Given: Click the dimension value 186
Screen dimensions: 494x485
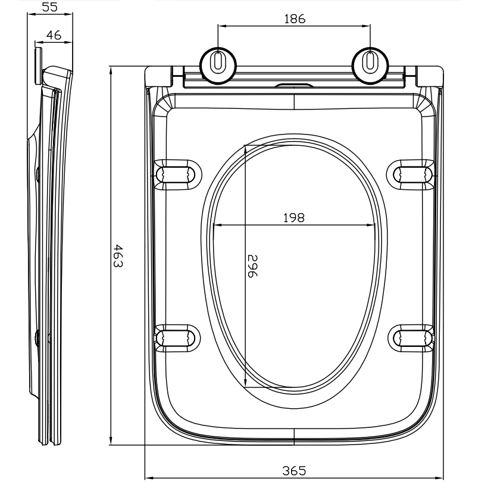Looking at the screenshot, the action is click(295, 19).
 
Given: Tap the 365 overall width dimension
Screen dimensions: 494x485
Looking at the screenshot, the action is click(294, 471).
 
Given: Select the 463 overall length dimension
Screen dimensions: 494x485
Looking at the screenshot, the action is click(118, 255).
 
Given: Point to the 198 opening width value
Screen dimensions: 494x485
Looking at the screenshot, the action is click(294, 218).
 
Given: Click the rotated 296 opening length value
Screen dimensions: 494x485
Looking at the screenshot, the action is click(252, 266).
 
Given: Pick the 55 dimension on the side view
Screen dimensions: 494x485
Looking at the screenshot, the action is click(50, 7).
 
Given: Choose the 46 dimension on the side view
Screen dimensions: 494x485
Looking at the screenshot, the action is click(54, 35).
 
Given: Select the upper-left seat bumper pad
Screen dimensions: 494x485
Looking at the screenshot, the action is click(177, 175).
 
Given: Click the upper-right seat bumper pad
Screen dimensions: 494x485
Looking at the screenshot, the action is click(410, 175).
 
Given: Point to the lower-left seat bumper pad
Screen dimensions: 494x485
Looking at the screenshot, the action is click(177, 338).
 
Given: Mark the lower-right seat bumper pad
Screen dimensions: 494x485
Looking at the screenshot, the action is click(411, 338).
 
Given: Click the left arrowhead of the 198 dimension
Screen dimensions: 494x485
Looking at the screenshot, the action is click(217, 225).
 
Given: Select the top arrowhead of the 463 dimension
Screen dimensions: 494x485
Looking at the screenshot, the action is click(111, 71).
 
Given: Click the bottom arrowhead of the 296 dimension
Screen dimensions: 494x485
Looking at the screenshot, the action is click(245, 383).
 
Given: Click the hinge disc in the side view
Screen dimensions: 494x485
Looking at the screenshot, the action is click(38, 66).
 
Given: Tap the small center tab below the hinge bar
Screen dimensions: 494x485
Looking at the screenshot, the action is click(294, 85).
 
